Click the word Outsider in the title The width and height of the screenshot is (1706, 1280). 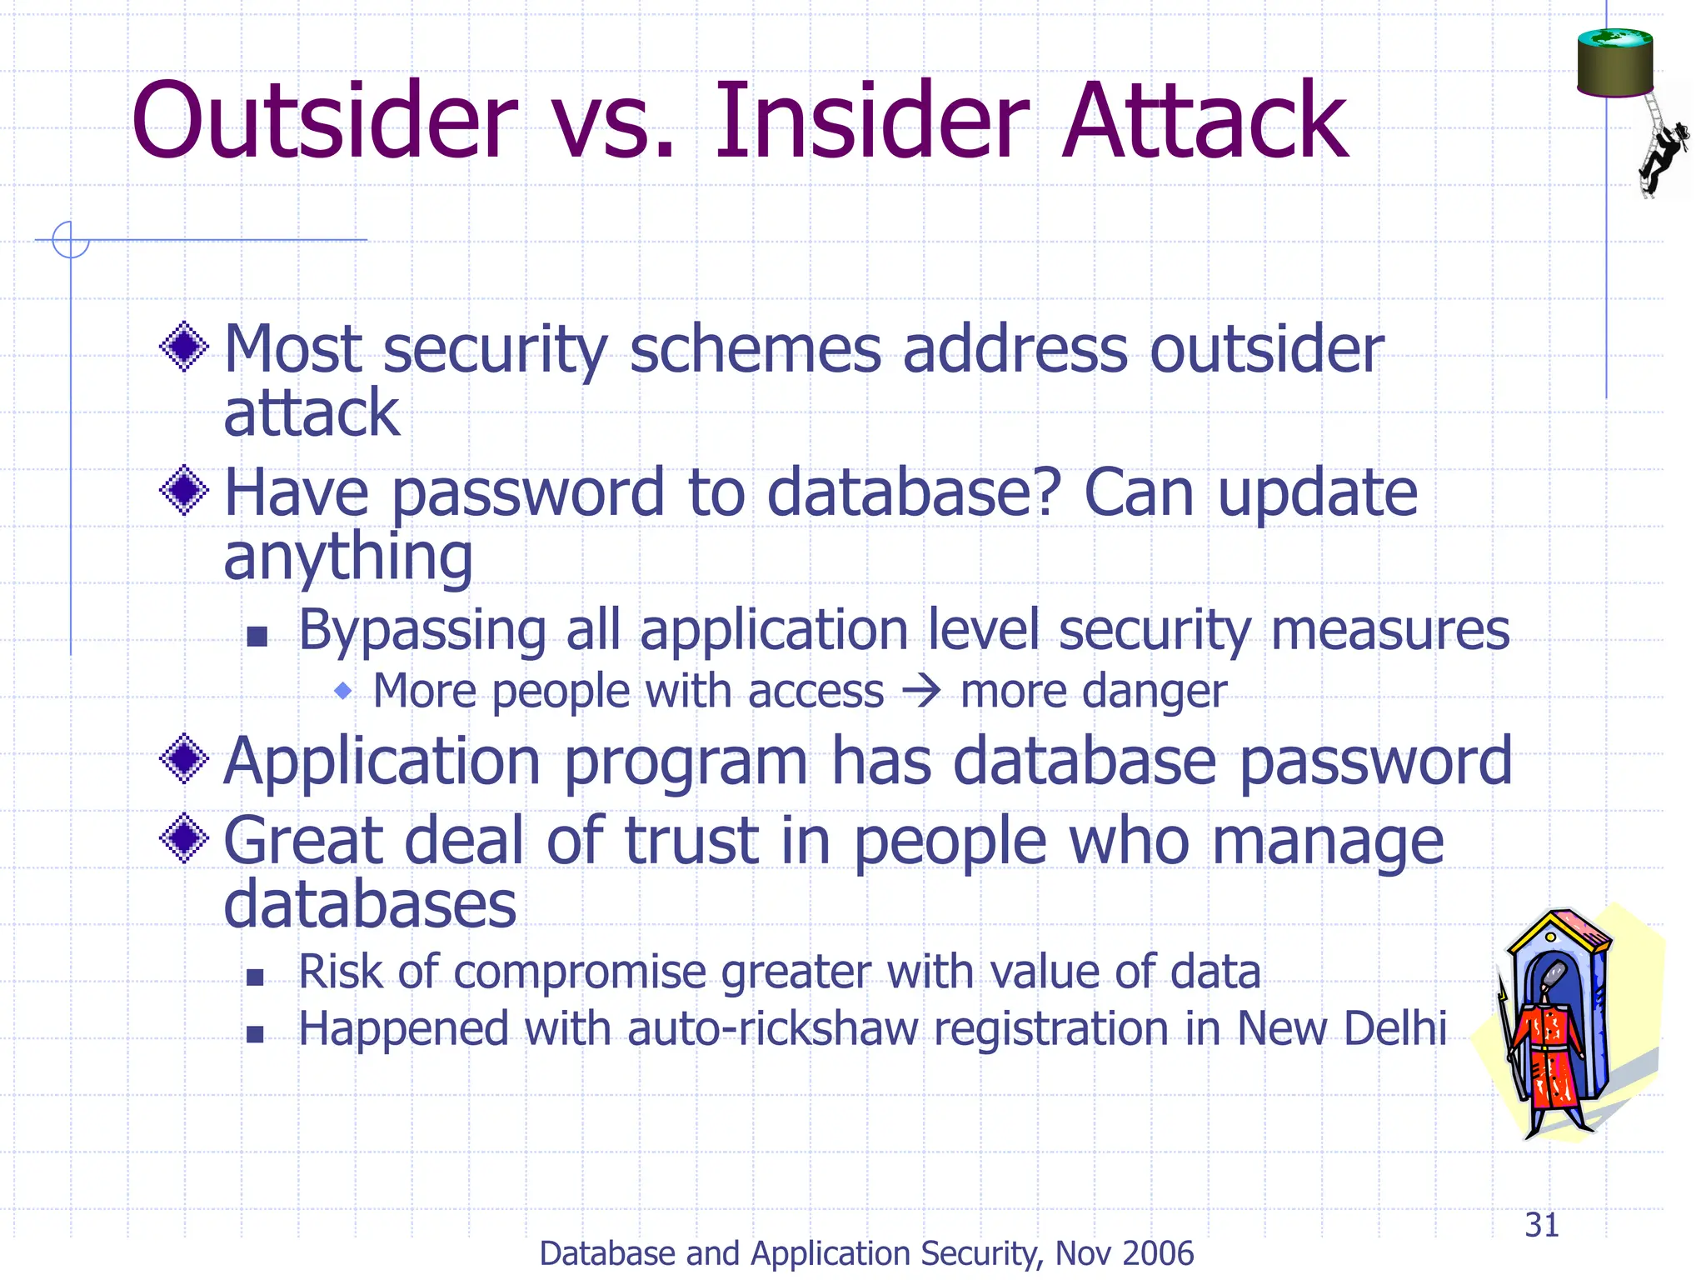tap(325, 122)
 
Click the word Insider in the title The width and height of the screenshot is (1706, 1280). tap(871, 122)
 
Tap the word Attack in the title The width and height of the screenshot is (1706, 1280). tap(1205, 122)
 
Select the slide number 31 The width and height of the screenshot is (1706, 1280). tap(1541, 1225)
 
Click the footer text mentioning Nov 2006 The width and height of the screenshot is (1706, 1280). tap(866, 1253)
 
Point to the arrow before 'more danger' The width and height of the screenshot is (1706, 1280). tap(921, 692)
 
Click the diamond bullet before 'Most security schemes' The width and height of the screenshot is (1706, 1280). tap(184, 347)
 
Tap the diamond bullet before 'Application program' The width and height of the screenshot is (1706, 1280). tap(184, 759)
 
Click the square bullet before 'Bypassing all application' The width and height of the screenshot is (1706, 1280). tap(257, 637)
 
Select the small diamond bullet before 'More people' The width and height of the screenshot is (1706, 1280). tap(342, 691)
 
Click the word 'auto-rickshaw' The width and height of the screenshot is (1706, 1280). tap(772, 1029)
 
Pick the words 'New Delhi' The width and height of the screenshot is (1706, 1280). tap(1341, 1029)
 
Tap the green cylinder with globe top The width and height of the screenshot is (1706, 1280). tap(1614, 62)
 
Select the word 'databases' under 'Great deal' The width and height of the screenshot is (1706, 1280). tap(370, 905)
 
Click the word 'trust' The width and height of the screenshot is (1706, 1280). tap(691, 842)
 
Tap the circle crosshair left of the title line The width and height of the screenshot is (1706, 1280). tap(70, 240)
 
